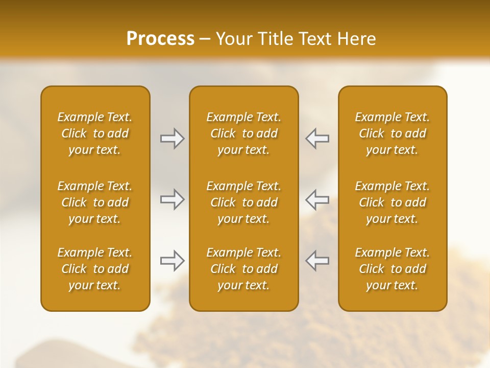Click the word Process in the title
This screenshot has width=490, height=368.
pyautogui.click(x=160, y=39)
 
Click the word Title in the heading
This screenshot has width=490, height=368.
pyautogui.click(x=275, y=39)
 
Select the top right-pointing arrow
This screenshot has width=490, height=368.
pyautogui.click(x=173, y=139)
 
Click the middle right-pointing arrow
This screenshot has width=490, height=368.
pyautogui.click(x=173, y=199)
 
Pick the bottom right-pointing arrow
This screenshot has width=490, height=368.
pyautogui.click(x=173, y=261)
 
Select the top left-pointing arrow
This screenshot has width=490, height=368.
pyautogui.click(x=317, y=139)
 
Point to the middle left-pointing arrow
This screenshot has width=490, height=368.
pyautogui.click(x=317, y=199)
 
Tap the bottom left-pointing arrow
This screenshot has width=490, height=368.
pyautogui.click(x=317, y=261)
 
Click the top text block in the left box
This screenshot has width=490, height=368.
pyautogui.click(x=95, y=133)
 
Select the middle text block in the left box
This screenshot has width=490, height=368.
pyautogui.click(x=95, y=202)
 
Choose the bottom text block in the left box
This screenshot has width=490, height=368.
pyautogui.click(x=95, y=269)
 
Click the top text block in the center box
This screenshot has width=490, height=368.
pyautogui.click(x=244, y=133)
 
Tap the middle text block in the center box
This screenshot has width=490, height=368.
pyautogui.click(x=244, y=202)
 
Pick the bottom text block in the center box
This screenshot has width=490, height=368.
pyautogui.click(x=244, y=269)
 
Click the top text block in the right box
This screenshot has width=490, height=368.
pyautogui.click(x=393, y=133)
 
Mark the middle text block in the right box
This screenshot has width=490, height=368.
pyautogui.click(x=393, y=202)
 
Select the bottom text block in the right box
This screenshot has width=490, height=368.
pyautogui.click(x=393, y=269)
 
